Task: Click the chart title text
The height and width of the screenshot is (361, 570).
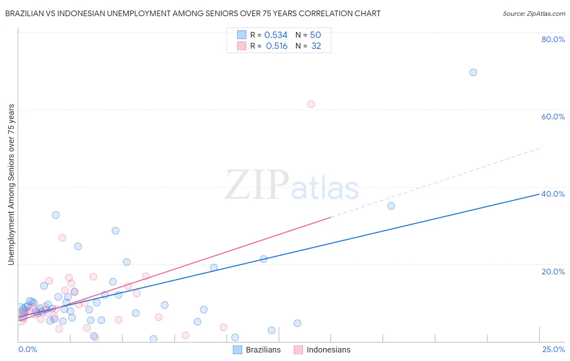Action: (x=193, y=13)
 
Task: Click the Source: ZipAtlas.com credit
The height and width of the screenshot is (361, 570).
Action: (x=534, y=13)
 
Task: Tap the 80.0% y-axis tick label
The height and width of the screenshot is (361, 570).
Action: (x=553, y=39)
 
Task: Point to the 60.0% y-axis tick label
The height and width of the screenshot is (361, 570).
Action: (x=553, y=117)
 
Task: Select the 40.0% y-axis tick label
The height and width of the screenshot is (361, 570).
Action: (x=553, y=194)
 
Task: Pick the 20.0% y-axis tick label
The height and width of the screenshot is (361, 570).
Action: (x=553, y=271)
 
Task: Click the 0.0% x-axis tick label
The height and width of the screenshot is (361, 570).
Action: (x=28, y=349)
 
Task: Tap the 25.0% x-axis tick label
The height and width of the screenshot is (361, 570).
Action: (x=553, y=349)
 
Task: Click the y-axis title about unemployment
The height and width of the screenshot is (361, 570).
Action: (x=11, y=185)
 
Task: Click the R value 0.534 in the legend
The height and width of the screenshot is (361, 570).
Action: (x=276, y=35)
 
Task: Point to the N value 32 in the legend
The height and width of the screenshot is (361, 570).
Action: (x=316, y=46)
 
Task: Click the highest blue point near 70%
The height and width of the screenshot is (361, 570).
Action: (x=473, y=72)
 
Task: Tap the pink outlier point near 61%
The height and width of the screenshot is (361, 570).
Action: (x=311, y=104)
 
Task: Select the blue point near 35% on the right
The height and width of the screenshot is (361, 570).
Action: (x=391, y=206)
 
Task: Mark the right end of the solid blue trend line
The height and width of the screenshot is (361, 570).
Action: (x=539, y=194)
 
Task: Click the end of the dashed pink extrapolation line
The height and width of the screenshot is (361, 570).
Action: (x=539, y=148)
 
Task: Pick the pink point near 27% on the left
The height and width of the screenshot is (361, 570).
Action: (x=62, y=238)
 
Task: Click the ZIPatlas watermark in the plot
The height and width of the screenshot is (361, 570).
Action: (x=292, y=185)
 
